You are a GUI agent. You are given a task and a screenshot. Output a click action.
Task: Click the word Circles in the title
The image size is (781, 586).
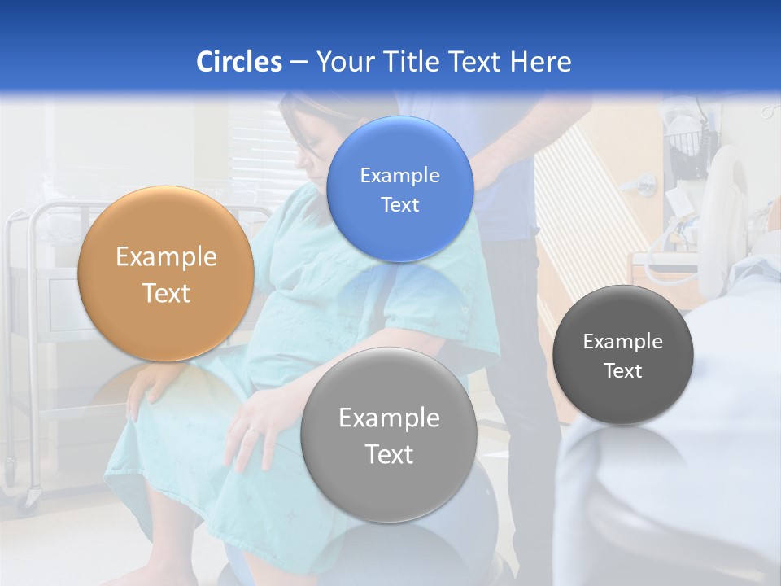(238, 62)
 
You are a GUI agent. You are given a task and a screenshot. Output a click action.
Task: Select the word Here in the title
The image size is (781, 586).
(540, 62)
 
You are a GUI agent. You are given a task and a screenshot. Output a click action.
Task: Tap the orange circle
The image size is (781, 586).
(166, 273)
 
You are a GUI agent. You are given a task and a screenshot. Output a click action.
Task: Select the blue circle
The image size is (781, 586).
(399, 189)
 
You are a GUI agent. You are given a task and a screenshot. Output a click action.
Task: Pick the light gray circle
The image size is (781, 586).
(389, 435)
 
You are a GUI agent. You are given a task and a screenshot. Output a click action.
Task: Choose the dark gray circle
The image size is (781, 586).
(623, 355)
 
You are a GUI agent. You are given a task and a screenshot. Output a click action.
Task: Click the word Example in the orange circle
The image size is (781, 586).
(166, 257)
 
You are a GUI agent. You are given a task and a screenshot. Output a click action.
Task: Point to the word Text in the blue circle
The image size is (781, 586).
(399, 204)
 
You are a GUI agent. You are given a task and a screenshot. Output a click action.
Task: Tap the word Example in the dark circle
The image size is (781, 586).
(623, 341)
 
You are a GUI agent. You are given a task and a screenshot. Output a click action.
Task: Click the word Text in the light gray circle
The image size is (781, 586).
(389, 454)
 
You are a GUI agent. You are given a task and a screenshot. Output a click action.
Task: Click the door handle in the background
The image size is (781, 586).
(646, 184)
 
